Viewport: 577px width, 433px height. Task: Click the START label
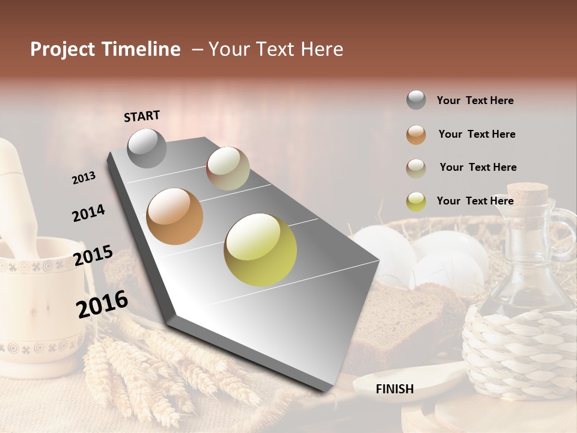142,116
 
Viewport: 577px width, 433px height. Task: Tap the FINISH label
394,389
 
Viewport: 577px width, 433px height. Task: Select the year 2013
84,178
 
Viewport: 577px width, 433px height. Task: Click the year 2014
88,213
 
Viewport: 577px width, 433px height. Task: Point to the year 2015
93,256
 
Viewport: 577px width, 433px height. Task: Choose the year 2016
102,304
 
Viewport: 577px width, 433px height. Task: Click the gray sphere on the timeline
147,148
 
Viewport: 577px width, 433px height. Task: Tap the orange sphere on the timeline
174,216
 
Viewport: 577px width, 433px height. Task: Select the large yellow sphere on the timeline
260,250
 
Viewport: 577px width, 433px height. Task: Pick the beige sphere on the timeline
228,168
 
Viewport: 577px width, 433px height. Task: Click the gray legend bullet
416,100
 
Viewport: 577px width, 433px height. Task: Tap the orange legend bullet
416,135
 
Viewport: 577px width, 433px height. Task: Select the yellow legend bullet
416,201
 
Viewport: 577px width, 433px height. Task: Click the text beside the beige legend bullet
478,167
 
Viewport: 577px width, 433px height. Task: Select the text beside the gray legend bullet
475,100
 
